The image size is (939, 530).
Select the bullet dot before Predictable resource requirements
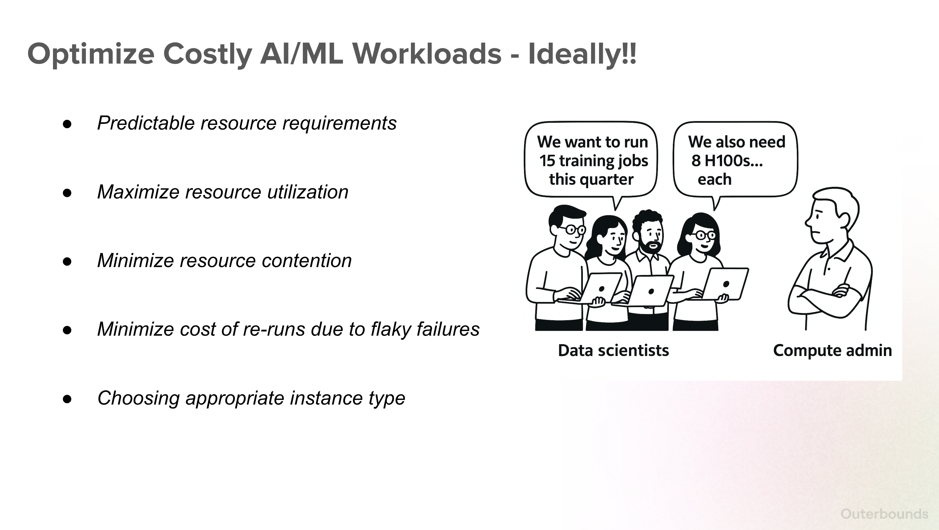click(67, 124)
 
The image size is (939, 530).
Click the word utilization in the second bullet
click(308, 192)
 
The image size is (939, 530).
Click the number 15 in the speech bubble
click(547, 161)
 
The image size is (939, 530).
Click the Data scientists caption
click(613, 351)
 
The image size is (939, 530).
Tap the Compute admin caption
click(832, 351)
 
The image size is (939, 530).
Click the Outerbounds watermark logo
click(884, 514)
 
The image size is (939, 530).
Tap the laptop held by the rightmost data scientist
click(723, 284)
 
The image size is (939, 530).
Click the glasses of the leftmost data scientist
click(574, 230)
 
